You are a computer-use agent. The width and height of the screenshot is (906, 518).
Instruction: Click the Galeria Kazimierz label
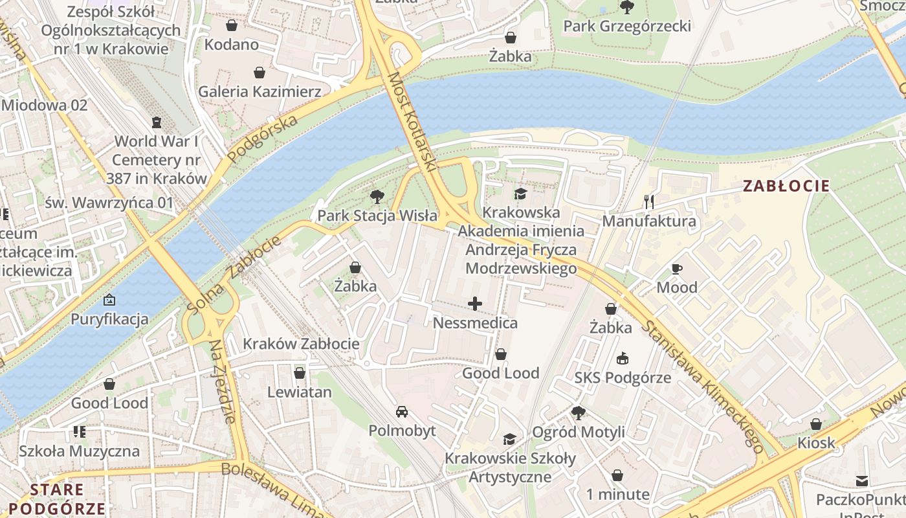[260, 91]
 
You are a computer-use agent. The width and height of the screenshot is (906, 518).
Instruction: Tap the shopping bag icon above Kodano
[232, 25]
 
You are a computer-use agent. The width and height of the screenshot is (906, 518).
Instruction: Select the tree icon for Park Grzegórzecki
[626, 7]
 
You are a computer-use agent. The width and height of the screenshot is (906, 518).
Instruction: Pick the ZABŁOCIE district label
[786, 186]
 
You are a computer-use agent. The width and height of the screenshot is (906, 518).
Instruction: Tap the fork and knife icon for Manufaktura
[649, 202]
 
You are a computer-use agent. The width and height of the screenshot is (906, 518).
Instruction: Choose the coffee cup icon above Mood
[677, 269]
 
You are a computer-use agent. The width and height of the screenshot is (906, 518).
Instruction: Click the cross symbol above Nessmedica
[475, 304]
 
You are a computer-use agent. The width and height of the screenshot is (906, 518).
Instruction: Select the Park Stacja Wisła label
[377, 216]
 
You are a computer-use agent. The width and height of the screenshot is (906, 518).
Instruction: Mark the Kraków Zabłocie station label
[301, 344]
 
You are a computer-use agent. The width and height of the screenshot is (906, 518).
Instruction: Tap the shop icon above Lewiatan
[299, 373]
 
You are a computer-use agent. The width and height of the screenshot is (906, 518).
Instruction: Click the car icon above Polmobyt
[402, 412]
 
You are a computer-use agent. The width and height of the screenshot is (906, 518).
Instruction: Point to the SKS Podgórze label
[623, 377]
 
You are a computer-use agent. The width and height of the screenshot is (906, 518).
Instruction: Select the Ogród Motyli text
[579, 432]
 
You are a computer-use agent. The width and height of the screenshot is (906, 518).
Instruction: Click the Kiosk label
[816, 444]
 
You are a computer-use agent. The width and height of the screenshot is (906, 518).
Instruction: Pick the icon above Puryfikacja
[109, 300]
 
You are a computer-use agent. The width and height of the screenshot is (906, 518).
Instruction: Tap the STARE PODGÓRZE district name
[57, 499]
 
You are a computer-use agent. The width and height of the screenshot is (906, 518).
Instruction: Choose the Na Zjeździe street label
[221, 382]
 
